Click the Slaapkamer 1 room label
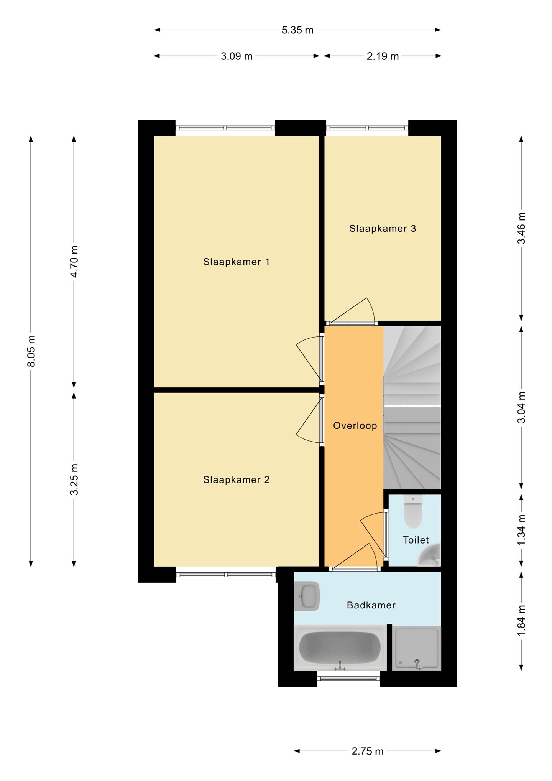236,262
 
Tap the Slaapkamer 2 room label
236,480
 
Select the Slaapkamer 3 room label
383,229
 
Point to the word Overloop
355,426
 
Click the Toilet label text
416,540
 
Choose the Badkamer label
371,605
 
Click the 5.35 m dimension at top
297,30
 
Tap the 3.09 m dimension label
237,56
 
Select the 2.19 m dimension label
383,56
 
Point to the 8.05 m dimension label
31,351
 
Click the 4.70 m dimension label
74,262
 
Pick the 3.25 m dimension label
74,479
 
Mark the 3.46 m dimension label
522,228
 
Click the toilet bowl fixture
413,512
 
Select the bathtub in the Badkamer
340,648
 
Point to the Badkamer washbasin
307,596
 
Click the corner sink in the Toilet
430,555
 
